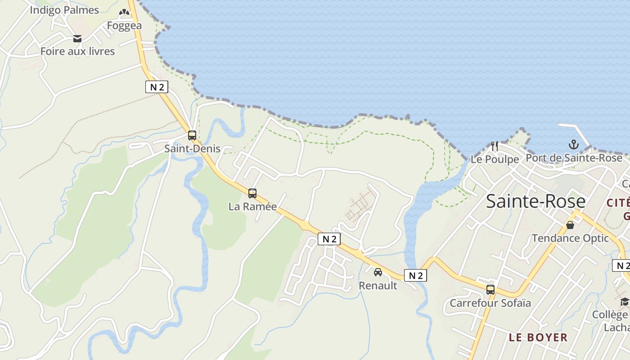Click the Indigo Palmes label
point(64,10)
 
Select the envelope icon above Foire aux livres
point(77,39)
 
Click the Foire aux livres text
point(77,51)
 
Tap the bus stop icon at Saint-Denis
point(192,135)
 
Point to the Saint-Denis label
point(192,148)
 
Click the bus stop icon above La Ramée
point(252,193)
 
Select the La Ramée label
point(252,207)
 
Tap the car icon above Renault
point(378,272)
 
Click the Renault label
point(378,285)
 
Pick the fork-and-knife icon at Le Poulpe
point(495,146)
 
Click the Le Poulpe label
point(495,159)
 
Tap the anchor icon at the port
point(573,144)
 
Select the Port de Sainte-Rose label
point(574,158)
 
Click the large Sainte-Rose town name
point(535,201)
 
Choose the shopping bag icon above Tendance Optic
point(570,225)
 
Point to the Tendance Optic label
point(570,238)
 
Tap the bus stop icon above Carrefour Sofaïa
point(490,290)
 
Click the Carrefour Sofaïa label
point(490,303)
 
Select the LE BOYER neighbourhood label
point(538,337)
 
